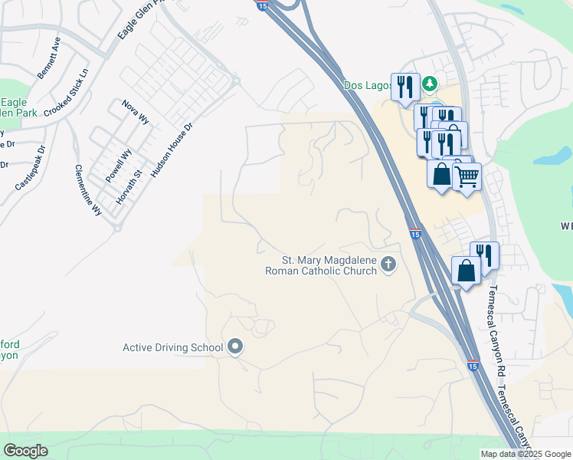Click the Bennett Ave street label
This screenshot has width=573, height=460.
point(49,58)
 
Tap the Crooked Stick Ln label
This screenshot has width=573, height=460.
point(67,93)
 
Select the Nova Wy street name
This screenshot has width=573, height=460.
point(136,112)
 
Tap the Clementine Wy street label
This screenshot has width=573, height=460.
point(87,189)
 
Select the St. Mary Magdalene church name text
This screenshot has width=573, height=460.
point(320,265)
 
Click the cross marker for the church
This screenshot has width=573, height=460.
point(388,265)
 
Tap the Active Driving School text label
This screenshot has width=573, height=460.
point(172,348)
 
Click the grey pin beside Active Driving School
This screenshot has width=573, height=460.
point(235,348)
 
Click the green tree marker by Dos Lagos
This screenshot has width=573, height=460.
point(431,82)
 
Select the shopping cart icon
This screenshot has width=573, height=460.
point(466,177)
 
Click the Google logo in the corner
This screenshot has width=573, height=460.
point(25,451)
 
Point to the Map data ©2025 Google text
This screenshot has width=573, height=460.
point(525,454)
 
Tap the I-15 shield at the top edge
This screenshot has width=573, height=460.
point(262,5)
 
